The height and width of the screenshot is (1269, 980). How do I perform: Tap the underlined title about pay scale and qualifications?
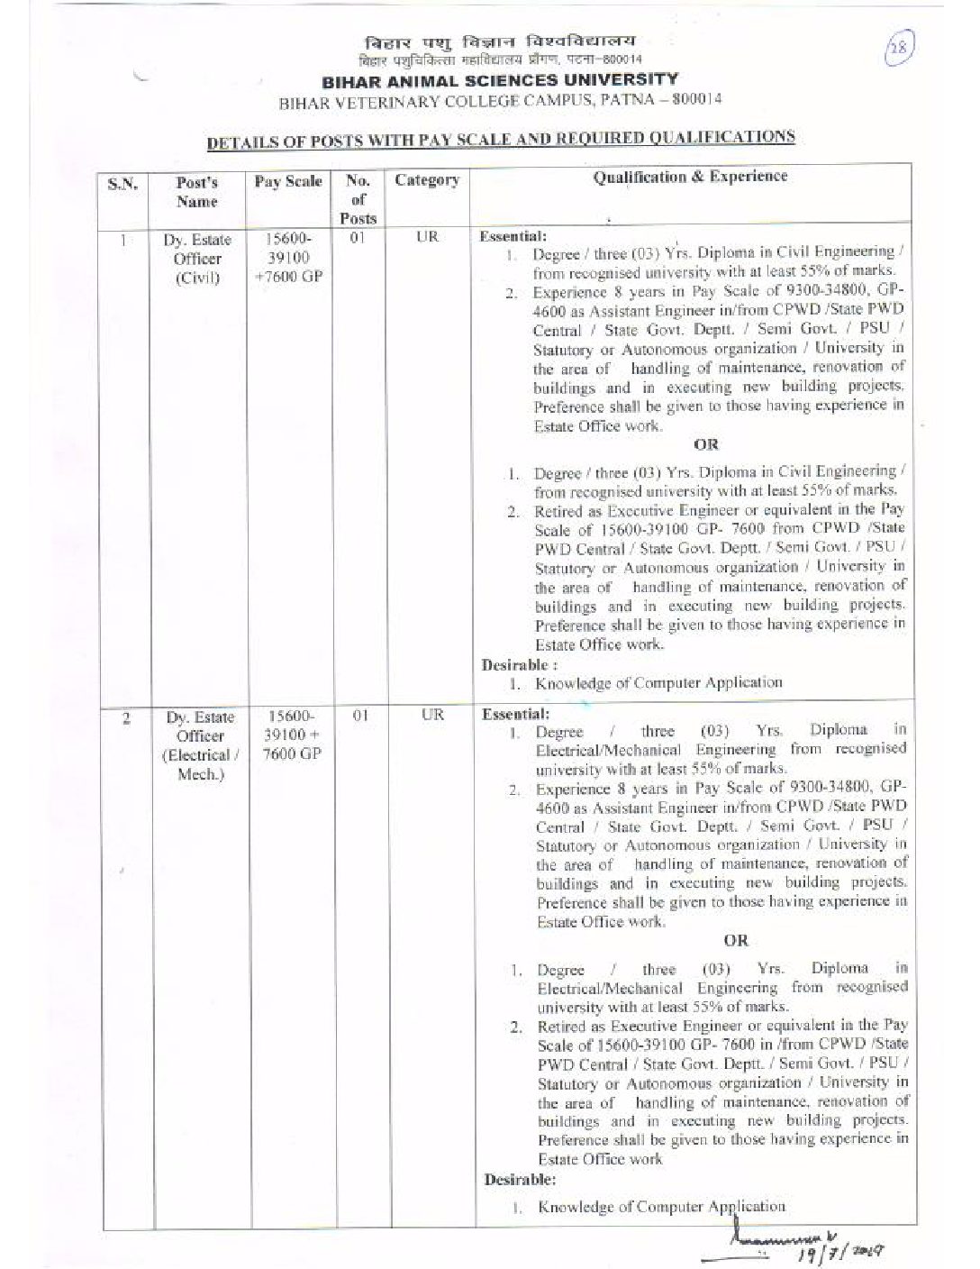click(501, 139)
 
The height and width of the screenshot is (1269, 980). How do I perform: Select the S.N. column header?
click(122, 185)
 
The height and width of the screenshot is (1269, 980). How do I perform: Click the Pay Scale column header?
click(287, 181)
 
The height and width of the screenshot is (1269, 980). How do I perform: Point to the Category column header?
click(426, 180)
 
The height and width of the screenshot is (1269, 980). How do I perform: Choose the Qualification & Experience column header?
click(689, 177)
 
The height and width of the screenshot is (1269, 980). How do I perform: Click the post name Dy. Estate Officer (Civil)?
click(197, 259)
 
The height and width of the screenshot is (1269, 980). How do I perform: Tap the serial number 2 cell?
click(126, 718)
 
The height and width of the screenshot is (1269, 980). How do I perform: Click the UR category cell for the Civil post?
click(428, 237)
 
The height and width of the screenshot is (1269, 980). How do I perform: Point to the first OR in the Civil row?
click(706, 445)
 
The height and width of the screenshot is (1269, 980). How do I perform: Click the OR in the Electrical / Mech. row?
click(735, 941)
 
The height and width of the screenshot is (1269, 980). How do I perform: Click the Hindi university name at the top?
click(500, 43)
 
